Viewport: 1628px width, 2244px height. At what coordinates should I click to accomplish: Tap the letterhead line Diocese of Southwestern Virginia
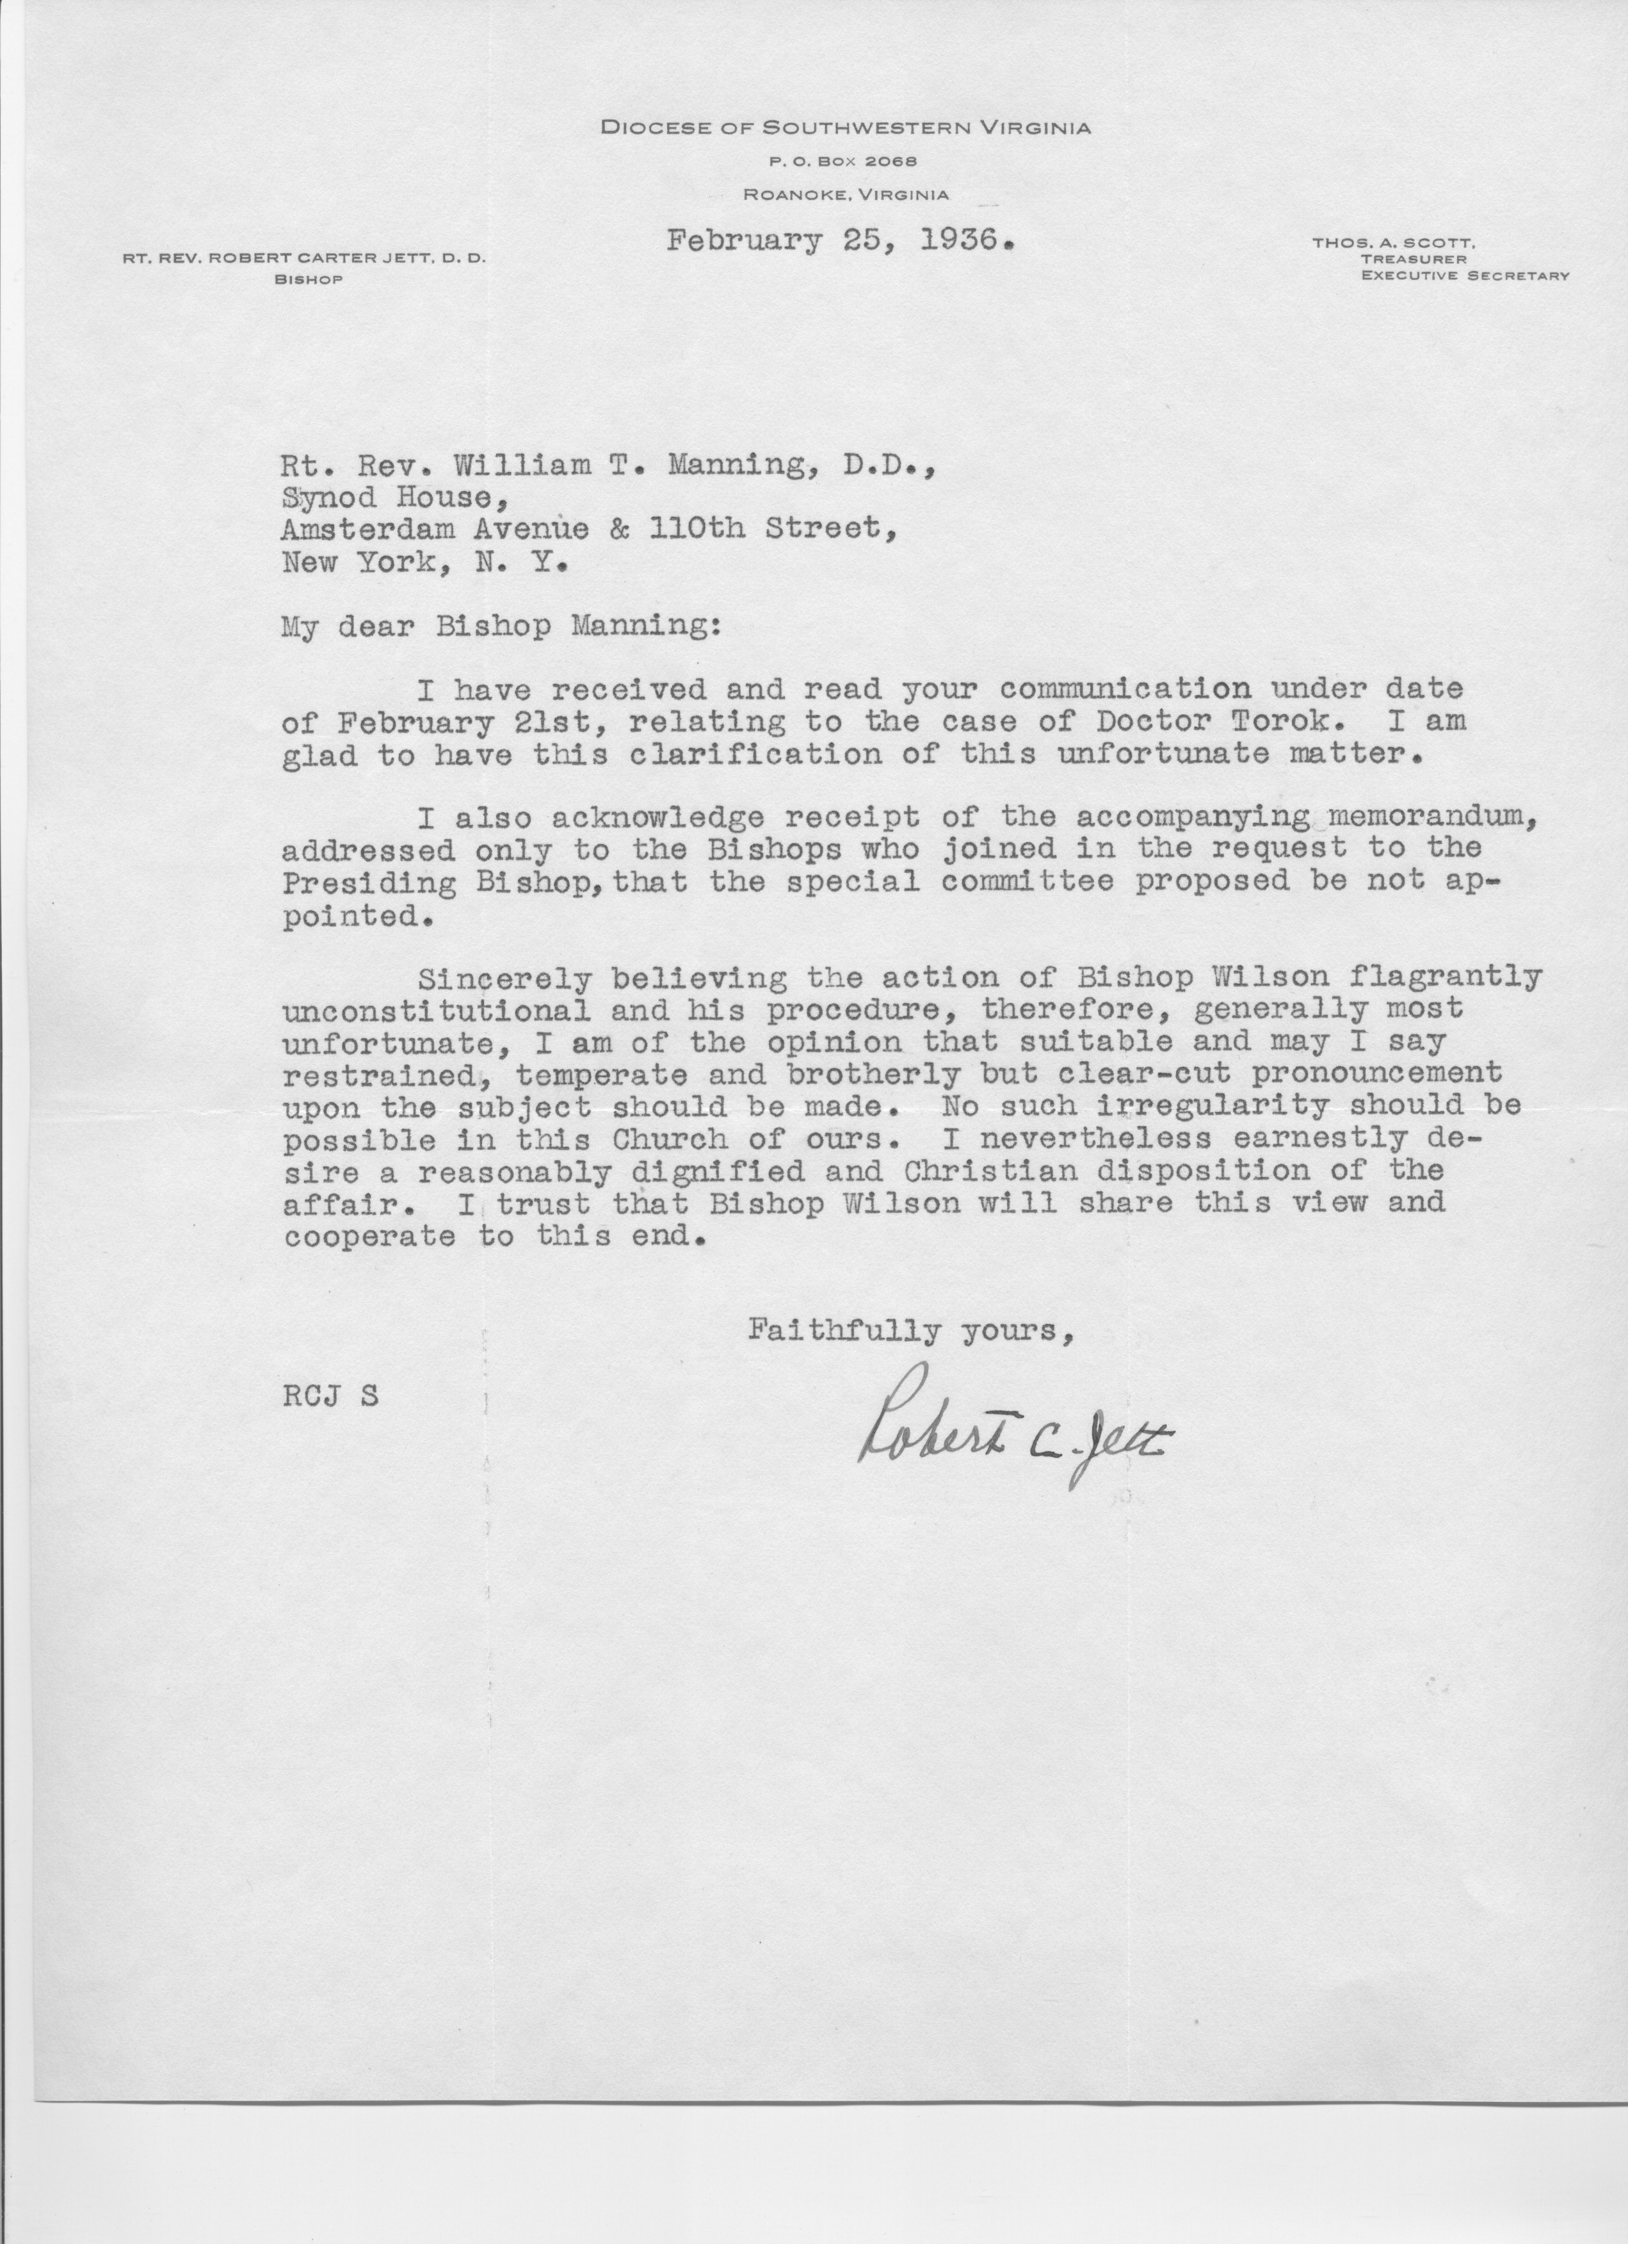click(846, 127)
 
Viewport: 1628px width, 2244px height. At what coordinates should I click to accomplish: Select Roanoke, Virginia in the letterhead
click(846, 195)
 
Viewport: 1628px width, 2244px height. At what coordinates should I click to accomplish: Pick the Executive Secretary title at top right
click(1464, 276)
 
